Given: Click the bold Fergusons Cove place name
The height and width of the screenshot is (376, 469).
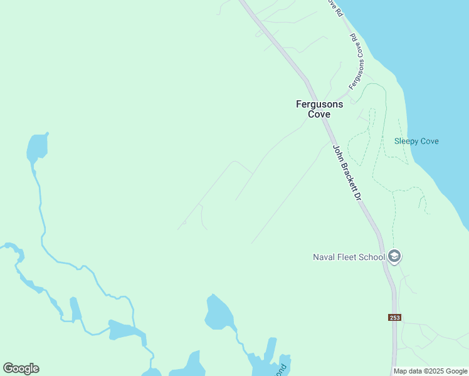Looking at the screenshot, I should [320, 109].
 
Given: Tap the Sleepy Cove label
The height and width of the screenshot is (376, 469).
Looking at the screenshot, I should [416, 141].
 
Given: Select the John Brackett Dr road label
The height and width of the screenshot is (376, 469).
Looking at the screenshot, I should [348, 174].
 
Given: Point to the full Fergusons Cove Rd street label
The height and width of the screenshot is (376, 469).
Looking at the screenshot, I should [357, 61].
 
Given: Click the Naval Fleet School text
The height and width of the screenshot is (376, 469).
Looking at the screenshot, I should [349, 257].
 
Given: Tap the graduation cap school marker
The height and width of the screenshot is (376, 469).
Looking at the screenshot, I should [394, 256].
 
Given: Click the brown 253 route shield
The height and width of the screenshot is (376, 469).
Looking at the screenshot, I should [394, 317].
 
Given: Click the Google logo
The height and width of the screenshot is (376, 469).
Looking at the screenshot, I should [21, 368].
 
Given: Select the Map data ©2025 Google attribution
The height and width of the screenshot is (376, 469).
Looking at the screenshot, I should [430, 371].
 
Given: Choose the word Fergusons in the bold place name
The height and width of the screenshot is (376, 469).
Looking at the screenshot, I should [320, 105].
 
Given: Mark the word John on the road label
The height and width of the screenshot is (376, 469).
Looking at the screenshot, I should [337, 152].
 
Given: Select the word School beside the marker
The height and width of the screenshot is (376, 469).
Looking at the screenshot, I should [372, 257].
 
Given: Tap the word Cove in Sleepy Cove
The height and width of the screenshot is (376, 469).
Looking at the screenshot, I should [429, 141].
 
